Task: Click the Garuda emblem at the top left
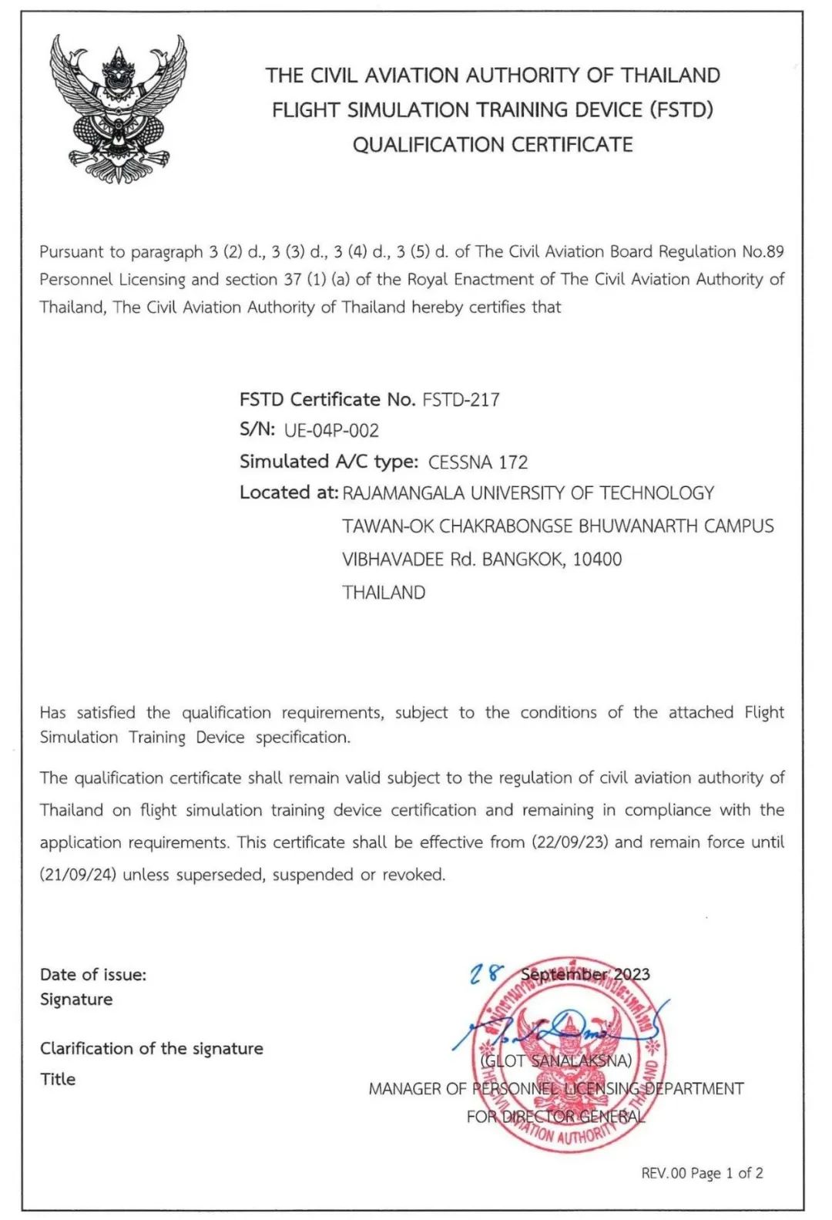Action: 118,109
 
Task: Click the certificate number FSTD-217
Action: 461,400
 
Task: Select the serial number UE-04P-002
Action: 331,431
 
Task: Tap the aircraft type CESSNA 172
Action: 478,462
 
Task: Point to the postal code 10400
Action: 597,560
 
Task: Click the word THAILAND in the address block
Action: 384,593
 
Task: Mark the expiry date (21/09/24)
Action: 78,875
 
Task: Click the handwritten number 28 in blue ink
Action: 487,975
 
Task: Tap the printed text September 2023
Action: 585,975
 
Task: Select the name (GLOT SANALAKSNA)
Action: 556,1061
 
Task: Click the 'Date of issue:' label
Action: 93,975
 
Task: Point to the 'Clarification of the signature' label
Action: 152,1049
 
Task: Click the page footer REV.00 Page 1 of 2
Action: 702,1173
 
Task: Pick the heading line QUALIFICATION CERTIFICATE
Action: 492,145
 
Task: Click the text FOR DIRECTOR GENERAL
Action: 555,1117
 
